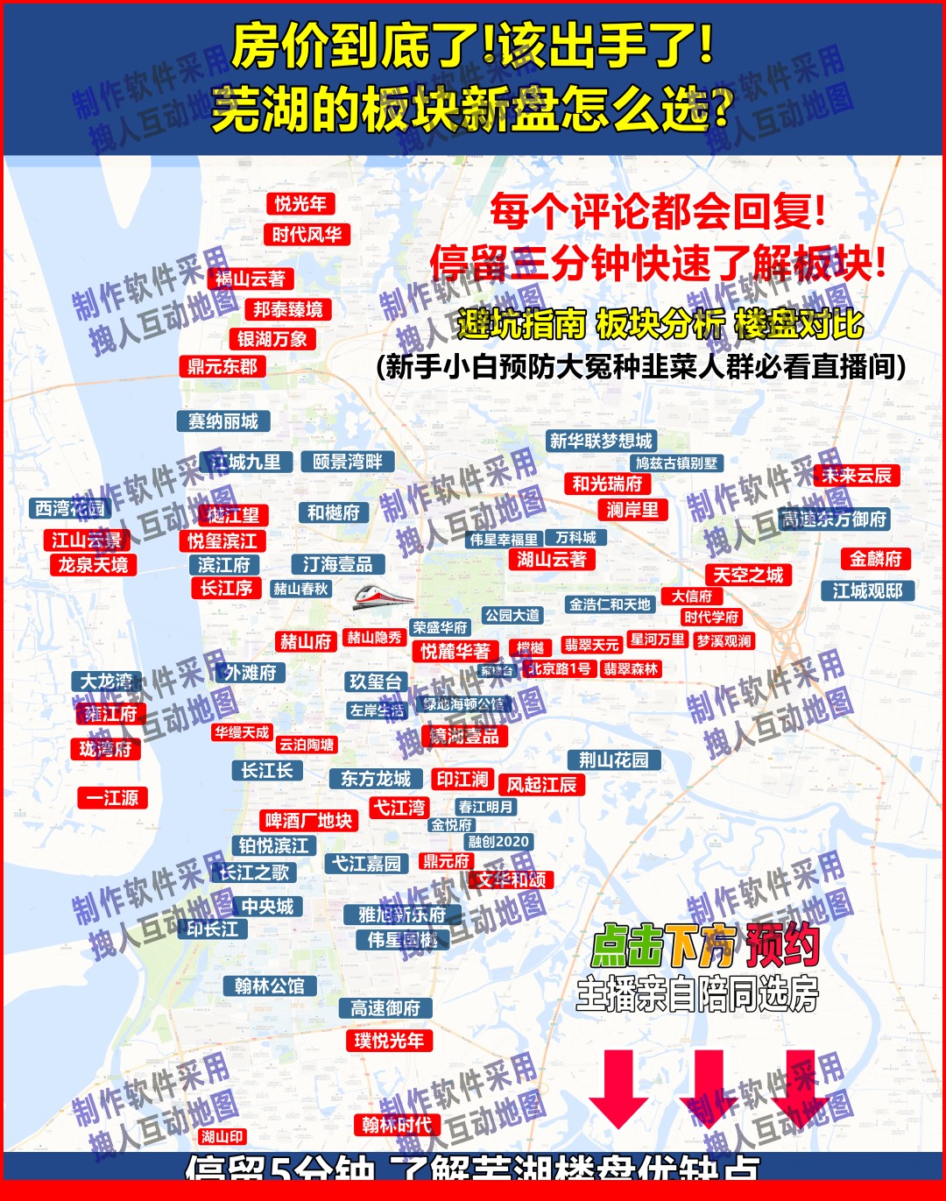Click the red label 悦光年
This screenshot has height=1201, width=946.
coord(300,204)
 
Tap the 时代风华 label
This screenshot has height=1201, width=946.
coord(307,235)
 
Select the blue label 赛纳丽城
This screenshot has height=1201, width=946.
coord(223,421)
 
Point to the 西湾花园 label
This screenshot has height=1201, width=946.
coord(70,509)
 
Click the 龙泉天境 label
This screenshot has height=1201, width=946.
coord(93,565)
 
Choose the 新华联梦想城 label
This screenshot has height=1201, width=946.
coord(601,441)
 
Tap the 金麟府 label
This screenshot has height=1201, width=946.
coord(875,559)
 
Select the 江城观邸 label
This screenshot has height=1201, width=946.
coord(867,591)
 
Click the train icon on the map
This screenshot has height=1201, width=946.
coord(383,597)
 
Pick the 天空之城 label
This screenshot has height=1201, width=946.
coord(748,576)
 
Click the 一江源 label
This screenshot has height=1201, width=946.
coord(112,798)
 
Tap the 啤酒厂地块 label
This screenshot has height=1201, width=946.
coord(308,821)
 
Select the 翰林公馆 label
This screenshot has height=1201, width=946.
coord(269,986)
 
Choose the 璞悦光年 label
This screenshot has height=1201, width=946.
coord(389,1041)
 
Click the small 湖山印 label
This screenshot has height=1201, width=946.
coord(222,1137)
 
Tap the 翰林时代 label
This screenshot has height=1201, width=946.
coord(397,1125)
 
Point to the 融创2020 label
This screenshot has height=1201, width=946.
coord(498,842)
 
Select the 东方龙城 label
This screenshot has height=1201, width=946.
coord(376,779)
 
